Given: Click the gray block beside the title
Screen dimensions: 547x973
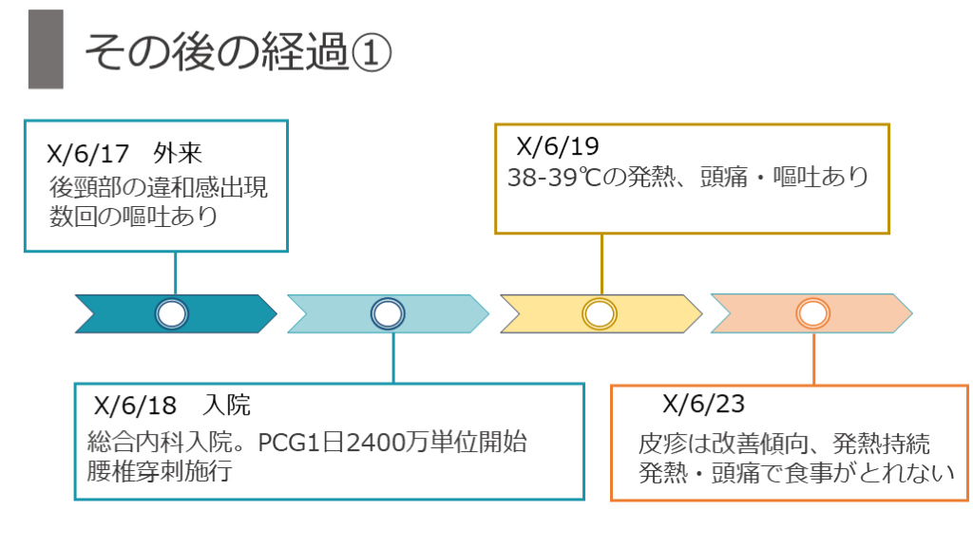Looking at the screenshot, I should click(x=46, y=49).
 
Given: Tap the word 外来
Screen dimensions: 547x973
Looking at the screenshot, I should click(x=179, y=155).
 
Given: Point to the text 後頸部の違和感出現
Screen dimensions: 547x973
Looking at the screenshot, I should click(x=159, y=186).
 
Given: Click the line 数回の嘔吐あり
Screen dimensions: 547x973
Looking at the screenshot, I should click(x=134, y=216).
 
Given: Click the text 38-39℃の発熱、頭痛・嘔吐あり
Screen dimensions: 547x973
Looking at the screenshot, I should click(x=688, y=178).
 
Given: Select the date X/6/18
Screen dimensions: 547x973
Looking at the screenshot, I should click(x=136, y=406).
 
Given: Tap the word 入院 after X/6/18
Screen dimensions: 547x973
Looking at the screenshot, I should click(x=227, y=406).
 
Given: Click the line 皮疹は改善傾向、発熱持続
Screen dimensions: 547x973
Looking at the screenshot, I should click(x=785, y=443).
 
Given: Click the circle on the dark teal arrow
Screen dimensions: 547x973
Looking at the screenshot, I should click(x=173, y=314).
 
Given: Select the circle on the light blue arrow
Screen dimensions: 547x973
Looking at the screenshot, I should click(x=387, y=314).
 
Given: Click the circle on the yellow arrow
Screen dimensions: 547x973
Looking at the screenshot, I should click(x=600, y=314).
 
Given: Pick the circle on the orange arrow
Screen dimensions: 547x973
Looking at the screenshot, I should click(x=812, y=314).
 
